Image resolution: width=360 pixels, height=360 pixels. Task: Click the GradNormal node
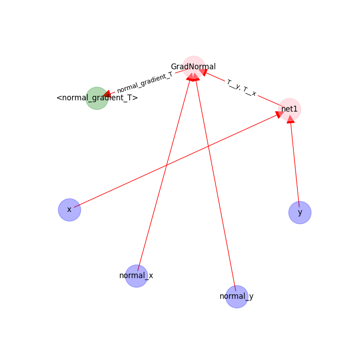click(x=193, y=67)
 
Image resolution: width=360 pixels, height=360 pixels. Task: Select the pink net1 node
click(x=290, y=109)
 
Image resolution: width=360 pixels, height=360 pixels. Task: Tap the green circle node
click(x=97, y=98)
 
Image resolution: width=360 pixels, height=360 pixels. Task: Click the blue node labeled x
click(x=69, y=210)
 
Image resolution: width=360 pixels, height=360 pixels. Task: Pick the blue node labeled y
click(x=300, y=212)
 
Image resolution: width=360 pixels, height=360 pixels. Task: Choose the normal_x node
click(x=136, y=276)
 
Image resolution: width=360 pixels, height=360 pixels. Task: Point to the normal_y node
click(x=237, y=297)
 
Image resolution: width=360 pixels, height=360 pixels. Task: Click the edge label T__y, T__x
click(x=242, y=88)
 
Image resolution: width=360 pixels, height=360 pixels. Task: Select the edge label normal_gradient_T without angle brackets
click(x=144, y=82)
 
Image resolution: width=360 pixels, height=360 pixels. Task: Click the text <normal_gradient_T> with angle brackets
click(x=97, y=98)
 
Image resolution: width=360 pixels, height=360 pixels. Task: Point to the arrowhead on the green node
click(x=107, y=94)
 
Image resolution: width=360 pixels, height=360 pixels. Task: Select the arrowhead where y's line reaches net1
click(x=291, y=119)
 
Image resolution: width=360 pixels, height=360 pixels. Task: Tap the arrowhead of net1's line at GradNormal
click(x=203, y=72)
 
